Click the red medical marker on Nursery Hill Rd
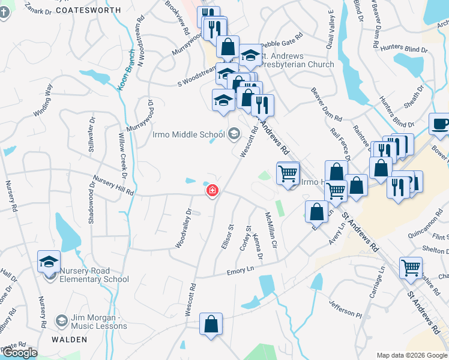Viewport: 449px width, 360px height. pos(212,191)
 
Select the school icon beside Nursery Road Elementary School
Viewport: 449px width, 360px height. pos(49,262)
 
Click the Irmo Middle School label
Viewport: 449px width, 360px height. pos(187,134)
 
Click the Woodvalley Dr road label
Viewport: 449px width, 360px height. pos(183,228)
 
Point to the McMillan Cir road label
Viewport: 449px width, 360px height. pos(271,230)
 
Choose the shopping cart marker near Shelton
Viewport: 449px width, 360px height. pos(411,268)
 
